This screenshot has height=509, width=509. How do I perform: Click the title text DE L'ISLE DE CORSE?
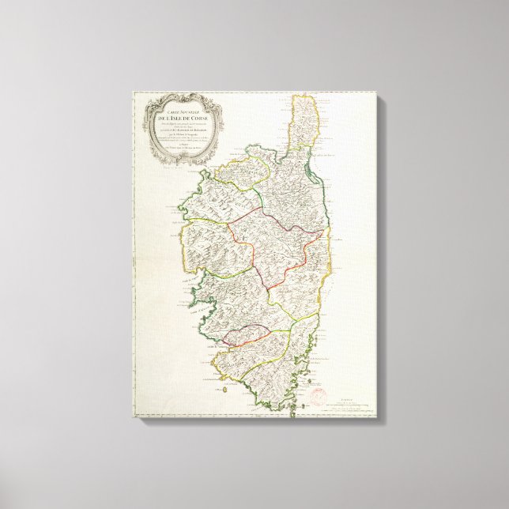point(183,119)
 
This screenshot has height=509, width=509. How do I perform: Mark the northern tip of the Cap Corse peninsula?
point(305,96)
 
